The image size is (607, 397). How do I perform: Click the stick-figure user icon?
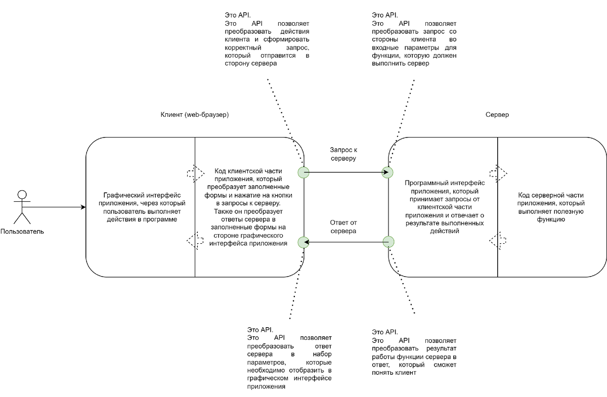21,207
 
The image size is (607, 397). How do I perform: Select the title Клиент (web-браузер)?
194,115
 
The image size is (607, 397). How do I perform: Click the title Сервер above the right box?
497,115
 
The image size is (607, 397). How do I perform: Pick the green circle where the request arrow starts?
303,172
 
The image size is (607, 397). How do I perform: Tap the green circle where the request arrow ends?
388,172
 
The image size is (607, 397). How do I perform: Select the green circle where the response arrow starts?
388,242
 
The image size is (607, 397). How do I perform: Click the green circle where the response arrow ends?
303,242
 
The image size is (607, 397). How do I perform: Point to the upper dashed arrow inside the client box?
196,173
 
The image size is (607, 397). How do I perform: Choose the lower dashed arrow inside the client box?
196,240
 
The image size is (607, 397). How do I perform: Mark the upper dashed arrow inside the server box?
498,173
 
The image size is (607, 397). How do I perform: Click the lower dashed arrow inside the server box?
498,240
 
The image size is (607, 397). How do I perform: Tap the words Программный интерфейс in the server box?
445,183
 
